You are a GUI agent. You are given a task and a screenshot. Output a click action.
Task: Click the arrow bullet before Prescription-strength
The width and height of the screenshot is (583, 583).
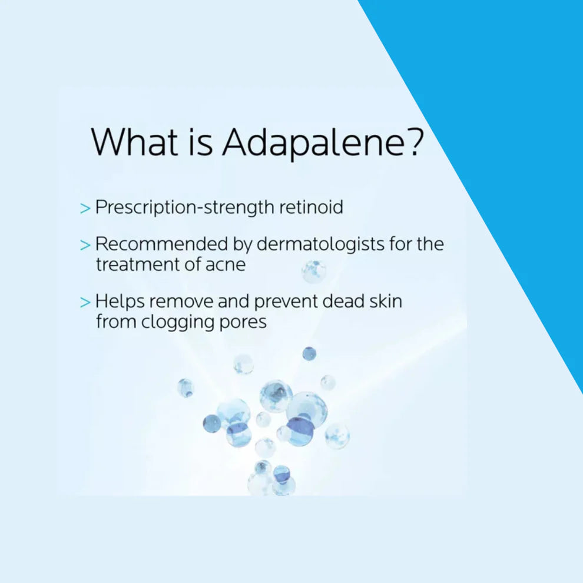[x=85, y=208]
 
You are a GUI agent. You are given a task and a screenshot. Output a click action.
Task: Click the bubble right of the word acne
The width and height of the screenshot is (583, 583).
[x=313, y=271]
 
